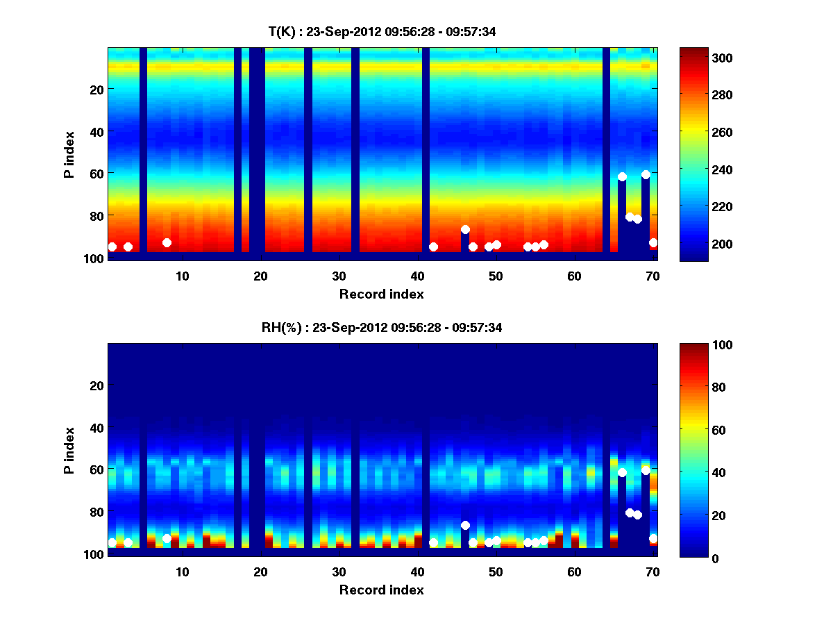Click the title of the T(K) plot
tap(382, 31)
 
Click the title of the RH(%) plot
tap(382, 327)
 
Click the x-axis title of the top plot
tap(382, 294)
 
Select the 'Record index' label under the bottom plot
tap(382, 590)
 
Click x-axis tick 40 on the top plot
tap(417, 276)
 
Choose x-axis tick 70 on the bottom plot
tap(653, 572)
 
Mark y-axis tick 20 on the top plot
tap(96, 90)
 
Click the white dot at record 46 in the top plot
tap(465, 229)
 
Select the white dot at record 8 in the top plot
tap(167, 242)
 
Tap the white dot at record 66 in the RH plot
tap(622, 472)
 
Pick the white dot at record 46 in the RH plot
tap(465, 525)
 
